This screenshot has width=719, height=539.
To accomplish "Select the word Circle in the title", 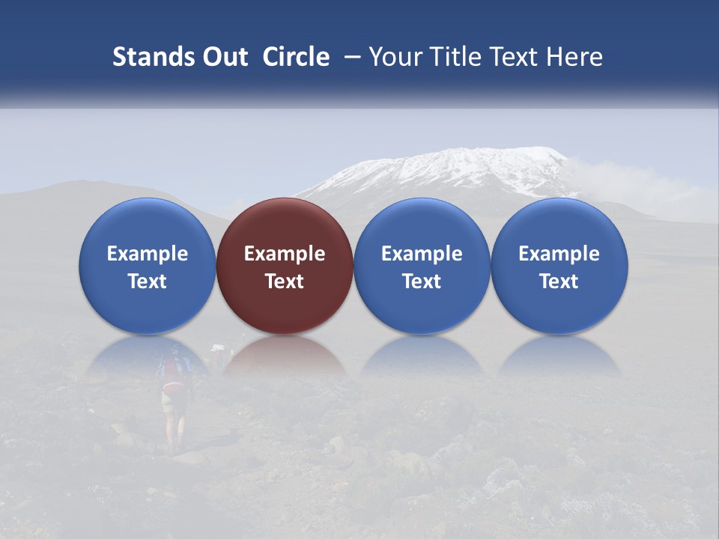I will [x=296, y=57].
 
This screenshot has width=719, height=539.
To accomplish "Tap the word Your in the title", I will [x=396, y=57].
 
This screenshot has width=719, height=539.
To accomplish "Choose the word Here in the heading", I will [x=574, y=57].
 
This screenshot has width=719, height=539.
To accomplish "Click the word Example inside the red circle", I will [x=285, y=254].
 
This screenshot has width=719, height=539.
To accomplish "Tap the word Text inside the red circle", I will [x=285, y=281].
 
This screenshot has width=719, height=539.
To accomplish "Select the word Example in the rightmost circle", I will [x=559, y=254].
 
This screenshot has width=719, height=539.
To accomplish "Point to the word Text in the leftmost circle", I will [x=147, y=281].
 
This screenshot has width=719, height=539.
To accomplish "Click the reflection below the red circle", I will [x=285, y=356].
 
